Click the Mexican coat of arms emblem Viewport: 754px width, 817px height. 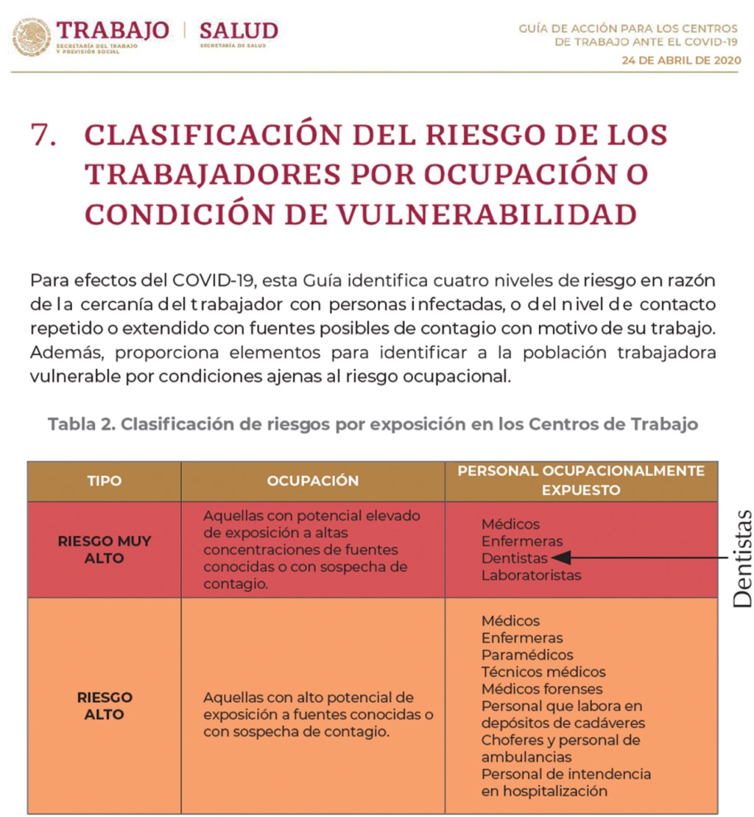click(x=32, y=35)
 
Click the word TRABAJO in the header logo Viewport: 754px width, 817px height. click(x=113, y=30)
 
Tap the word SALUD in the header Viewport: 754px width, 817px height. click(x=239, y=30)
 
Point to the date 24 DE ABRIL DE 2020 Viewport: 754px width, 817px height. click(x=680, y=60)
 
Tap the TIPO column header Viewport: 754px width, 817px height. click(x=104, y=481)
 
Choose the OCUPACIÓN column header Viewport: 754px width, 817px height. click(x=312, y=481)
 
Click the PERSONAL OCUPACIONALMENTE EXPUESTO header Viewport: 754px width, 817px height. click(x=581, y=480)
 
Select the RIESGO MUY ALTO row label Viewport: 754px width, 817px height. click(x=104, y=550)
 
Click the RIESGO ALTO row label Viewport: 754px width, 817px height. click(x=104, y=706)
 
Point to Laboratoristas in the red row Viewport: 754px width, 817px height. click(x=531, y=575)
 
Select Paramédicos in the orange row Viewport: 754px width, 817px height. click(x=527, y=655)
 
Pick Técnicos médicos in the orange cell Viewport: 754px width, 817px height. click(x=543, y=672)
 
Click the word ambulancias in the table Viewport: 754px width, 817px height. click(x=526, y=757)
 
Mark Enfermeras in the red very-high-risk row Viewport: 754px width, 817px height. click(x=521, y=541)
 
